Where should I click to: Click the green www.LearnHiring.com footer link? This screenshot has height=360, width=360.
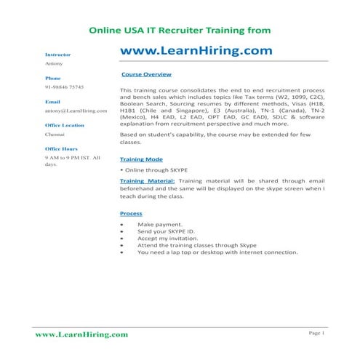point(81,334)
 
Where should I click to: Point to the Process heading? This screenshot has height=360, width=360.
point(131,213)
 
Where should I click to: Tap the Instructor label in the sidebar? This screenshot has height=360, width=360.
point(57,55)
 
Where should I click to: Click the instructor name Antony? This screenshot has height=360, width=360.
point(54,64)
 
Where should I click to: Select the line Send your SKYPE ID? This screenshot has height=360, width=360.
point(166,233)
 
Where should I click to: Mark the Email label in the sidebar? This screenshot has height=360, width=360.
point(52,102)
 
